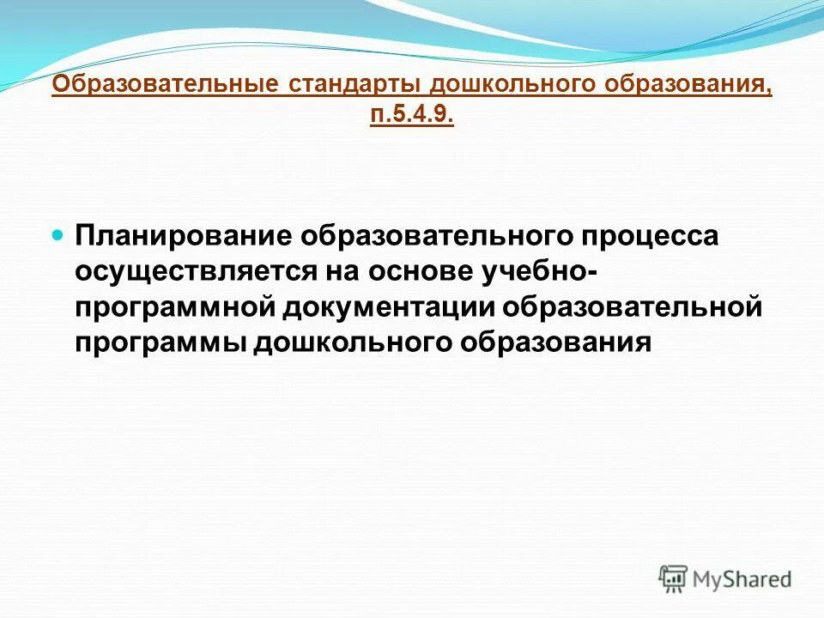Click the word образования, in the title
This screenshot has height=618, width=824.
coord(684,87)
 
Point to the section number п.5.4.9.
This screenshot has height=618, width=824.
coord(411,115)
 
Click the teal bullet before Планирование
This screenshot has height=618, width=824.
coord(58,234)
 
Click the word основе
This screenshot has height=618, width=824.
coord(411,271)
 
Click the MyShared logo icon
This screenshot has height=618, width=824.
coord(673,579)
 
